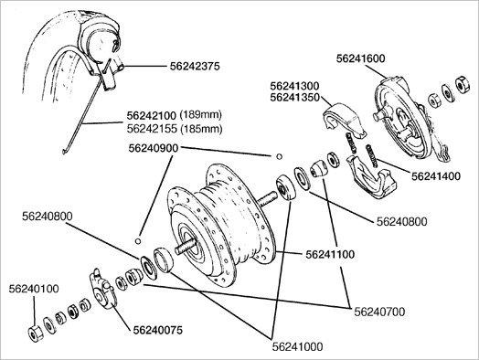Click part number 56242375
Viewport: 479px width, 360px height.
(195, 67)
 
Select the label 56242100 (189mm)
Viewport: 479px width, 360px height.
(174, 115)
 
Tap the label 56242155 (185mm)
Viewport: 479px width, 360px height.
(174, 129)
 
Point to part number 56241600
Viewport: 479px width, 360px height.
(361, 58)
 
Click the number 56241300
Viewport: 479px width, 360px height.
(294, 86)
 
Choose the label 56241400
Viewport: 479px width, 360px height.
(436, 176)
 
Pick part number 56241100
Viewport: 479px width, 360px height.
(330, 254)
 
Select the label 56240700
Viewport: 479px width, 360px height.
(379, 312)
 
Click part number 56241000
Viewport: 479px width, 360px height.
(297, 346)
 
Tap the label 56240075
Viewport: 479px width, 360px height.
(157, 330)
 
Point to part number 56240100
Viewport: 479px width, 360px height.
(34, 289)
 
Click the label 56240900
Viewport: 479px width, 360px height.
(153, 148)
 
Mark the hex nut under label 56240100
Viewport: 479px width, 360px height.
(36, 334)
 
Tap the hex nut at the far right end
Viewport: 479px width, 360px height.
(463, 84)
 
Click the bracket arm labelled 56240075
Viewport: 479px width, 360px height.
(102, 289)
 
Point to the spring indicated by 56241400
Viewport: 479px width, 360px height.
(372, 155)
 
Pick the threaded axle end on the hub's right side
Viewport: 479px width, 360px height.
(268, 198)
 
